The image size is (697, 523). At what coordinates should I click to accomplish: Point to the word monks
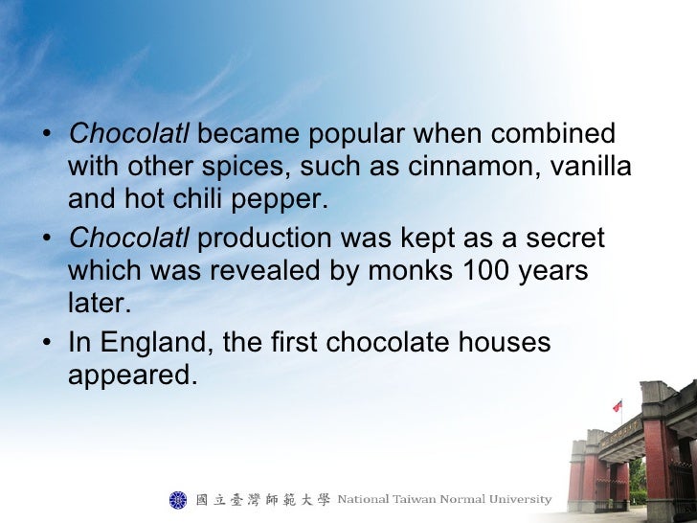(403, 271)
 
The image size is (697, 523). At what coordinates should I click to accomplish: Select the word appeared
(132, 376)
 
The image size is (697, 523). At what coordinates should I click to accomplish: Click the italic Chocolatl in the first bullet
(129, 133)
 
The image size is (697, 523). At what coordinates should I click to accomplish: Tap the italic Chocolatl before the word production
(129, 238)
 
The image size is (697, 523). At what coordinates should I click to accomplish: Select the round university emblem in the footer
(178, 499)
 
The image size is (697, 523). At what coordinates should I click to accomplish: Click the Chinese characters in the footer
(262, 499)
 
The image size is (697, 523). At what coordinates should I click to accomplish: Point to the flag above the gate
(618, 405)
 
